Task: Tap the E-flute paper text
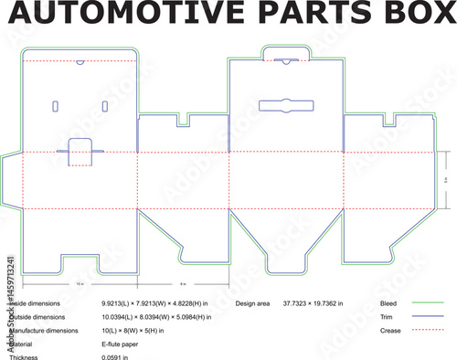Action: coord(122,344)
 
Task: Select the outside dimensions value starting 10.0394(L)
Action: coord(156,316)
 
